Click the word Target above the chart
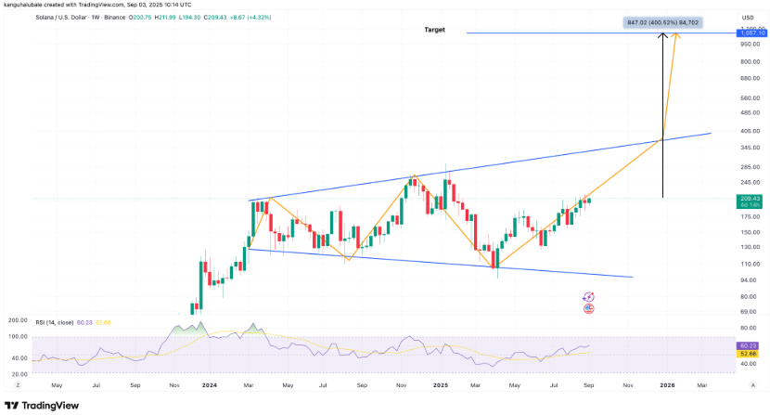[x=435, y=30]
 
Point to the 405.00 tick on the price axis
[x=748, y=131]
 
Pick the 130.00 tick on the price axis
[x=748, y=247]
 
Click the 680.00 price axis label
[x=748, y=78]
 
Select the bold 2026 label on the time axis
[x=666, y=384]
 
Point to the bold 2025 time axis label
[x=440, y=384]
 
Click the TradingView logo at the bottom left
[x=42, y=406]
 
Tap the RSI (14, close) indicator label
[x=58, y=322]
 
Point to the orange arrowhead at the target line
[x=677, y=36]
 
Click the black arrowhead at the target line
[x=662, y=36]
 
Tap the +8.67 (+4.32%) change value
[x=272, y=16]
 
